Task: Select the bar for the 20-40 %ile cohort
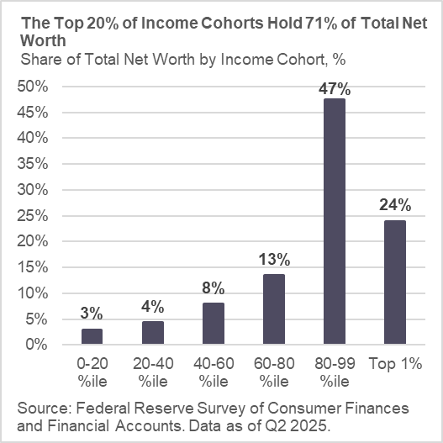click(x=153, y=333)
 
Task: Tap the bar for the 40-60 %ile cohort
click(x=213, y=324)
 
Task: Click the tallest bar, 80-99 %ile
click(x=333, y=222)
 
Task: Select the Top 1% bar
click(x=393, y=282)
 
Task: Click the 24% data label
click(x=393, y=204)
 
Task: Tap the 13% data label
click(x=273, y=259)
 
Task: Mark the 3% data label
click(x=92, y=314)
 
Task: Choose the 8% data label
click(x=213, y=287)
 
